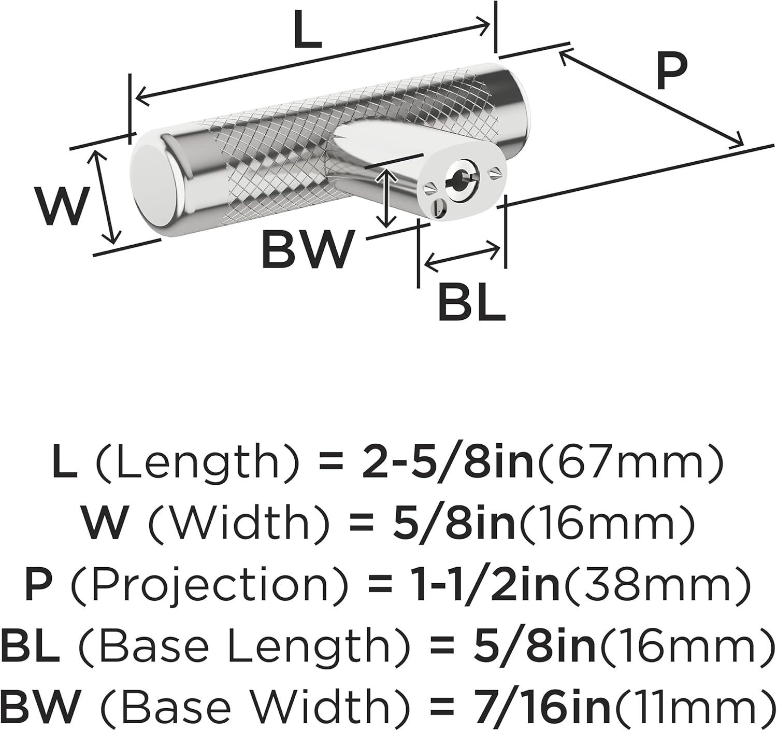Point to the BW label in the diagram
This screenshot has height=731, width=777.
[x=306, y=249]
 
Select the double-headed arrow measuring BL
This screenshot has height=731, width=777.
[x=463, y=255]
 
